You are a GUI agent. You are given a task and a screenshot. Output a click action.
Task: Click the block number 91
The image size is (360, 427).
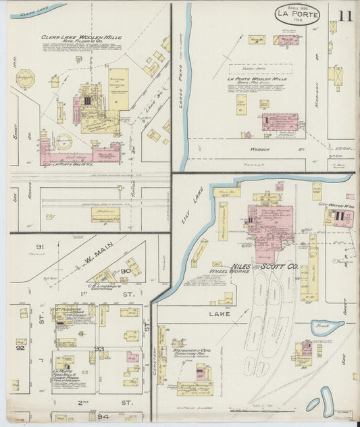[40, 247]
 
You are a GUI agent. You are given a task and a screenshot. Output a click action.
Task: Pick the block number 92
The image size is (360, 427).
[20, 349]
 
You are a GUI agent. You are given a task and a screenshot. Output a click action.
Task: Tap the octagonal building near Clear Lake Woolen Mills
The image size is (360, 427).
[25, 78]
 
